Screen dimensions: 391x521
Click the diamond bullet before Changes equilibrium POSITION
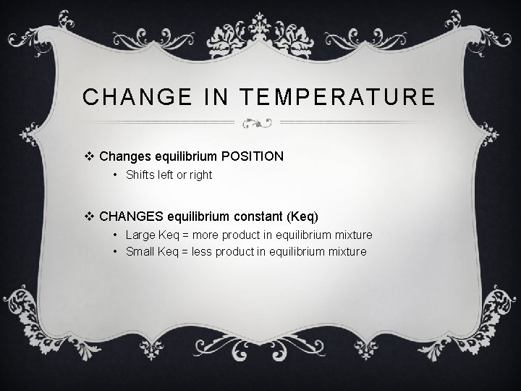tap(91, 156)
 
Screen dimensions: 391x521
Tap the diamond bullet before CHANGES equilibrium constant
tap(91, 216)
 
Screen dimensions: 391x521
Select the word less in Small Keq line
tap(207, 252)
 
